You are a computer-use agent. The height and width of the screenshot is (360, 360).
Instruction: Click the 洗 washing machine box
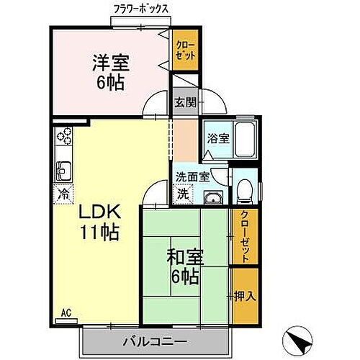pyautogui.click(x=184, y=193)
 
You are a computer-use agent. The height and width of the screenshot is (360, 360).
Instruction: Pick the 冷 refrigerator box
pyautogui.click(x=63, y=193)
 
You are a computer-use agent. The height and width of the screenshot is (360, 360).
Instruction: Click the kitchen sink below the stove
pyautogui.click(x=63, y=170)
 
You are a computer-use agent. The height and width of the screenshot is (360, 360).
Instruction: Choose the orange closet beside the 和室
pyautogui.click(x=243, y=238)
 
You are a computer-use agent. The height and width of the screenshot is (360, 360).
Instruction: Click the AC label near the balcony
pyautogui.click(x=66, y=314)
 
